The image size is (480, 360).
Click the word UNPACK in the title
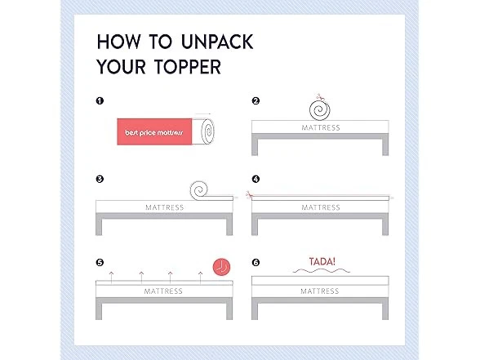[217, 42]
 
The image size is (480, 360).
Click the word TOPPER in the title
[188, 67]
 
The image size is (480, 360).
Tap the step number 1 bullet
[100, 100]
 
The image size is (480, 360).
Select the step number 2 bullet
[256, 100]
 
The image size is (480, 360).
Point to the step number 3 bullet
[100, 179]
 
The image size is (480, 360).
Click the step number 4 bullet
[256, 179]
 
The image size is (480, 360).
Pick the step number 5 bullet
[100, 262]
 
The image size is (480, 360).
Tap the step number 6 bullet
[256, 262]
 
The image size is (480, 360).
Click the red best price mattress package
[154, 131]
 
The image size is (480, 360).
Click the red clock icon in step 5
[221, 267]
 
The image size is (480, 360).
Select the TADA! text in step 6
[322, 262]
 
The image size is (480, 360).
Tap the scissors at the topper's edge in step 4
[249, 194]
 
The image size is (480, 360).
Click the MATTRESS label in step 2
[321, 127]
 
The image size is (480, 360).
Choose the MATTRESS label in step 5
[163, 291]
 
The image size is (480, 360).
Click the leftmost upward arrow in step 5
[111, 278]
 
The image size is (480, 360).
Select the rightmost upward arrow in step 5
[201, 278]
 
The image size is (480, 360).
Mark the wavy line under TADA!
[321, 271]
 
